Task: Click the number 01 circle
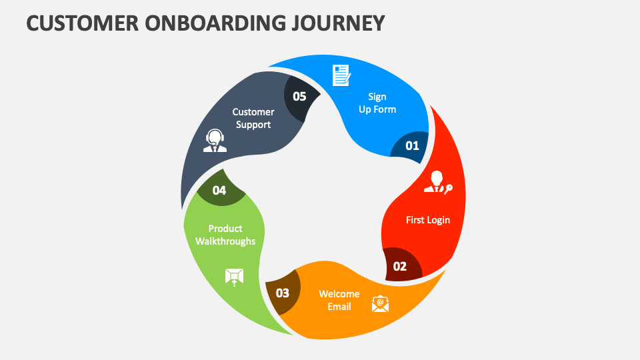[412, 145]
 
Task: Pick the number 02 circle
[400, 266]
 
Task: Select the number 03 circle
[283, 293]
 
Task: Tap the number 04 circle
[219, 190]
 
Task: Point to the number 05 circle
[299, 97]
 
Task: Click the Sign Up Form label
[377, 103]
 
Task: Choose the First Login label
[428, 220]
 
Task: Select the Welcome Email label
[339, 300]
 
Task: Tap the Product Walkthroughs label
[225, 235]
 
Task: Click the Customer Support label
[253, 119]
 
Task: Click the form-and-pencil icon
[342, 75]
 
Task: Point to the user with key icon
[438, 183]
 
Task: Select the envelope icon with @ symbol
[380, 304]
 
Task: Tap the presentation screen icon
[234, 277]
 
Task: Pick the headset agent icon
[215, 141]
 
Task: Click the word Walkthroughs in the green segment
[225, 241]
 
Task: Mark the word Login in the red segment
[439, 220]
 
